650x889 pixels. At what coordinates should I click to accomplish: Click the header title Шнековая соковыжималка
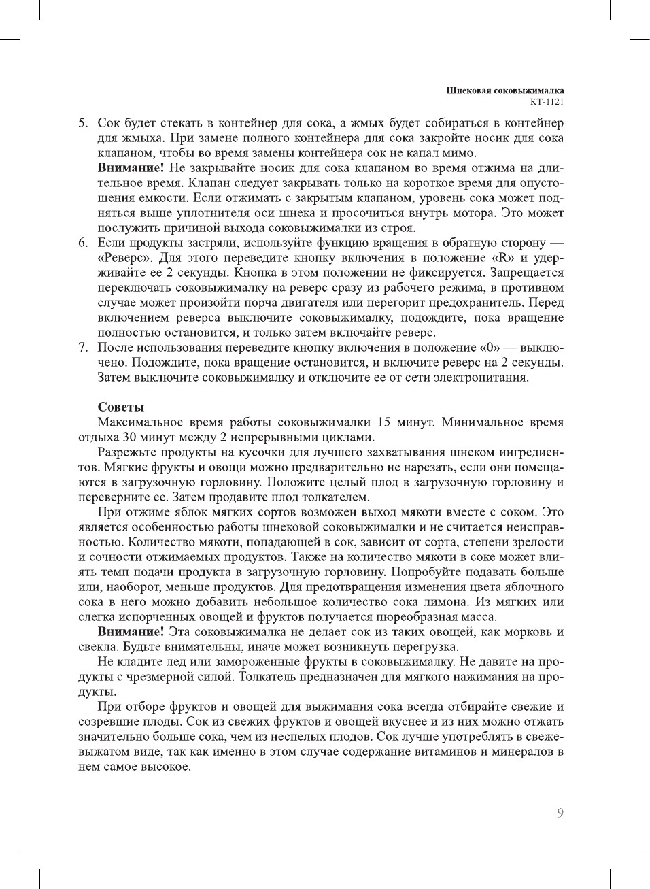504,90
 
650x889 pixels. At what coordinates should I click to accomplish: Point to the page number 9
560,813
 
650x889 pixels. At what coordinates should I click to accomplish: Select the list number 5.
82,123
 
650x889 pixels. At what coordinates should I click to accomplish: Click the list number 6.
82,243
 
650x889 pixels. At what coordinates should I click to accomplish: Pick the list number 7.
82,348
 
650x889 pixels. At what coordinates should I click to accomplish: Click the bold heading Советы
120,407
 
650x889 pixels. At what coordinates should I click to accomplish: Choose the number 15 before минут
383,422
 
